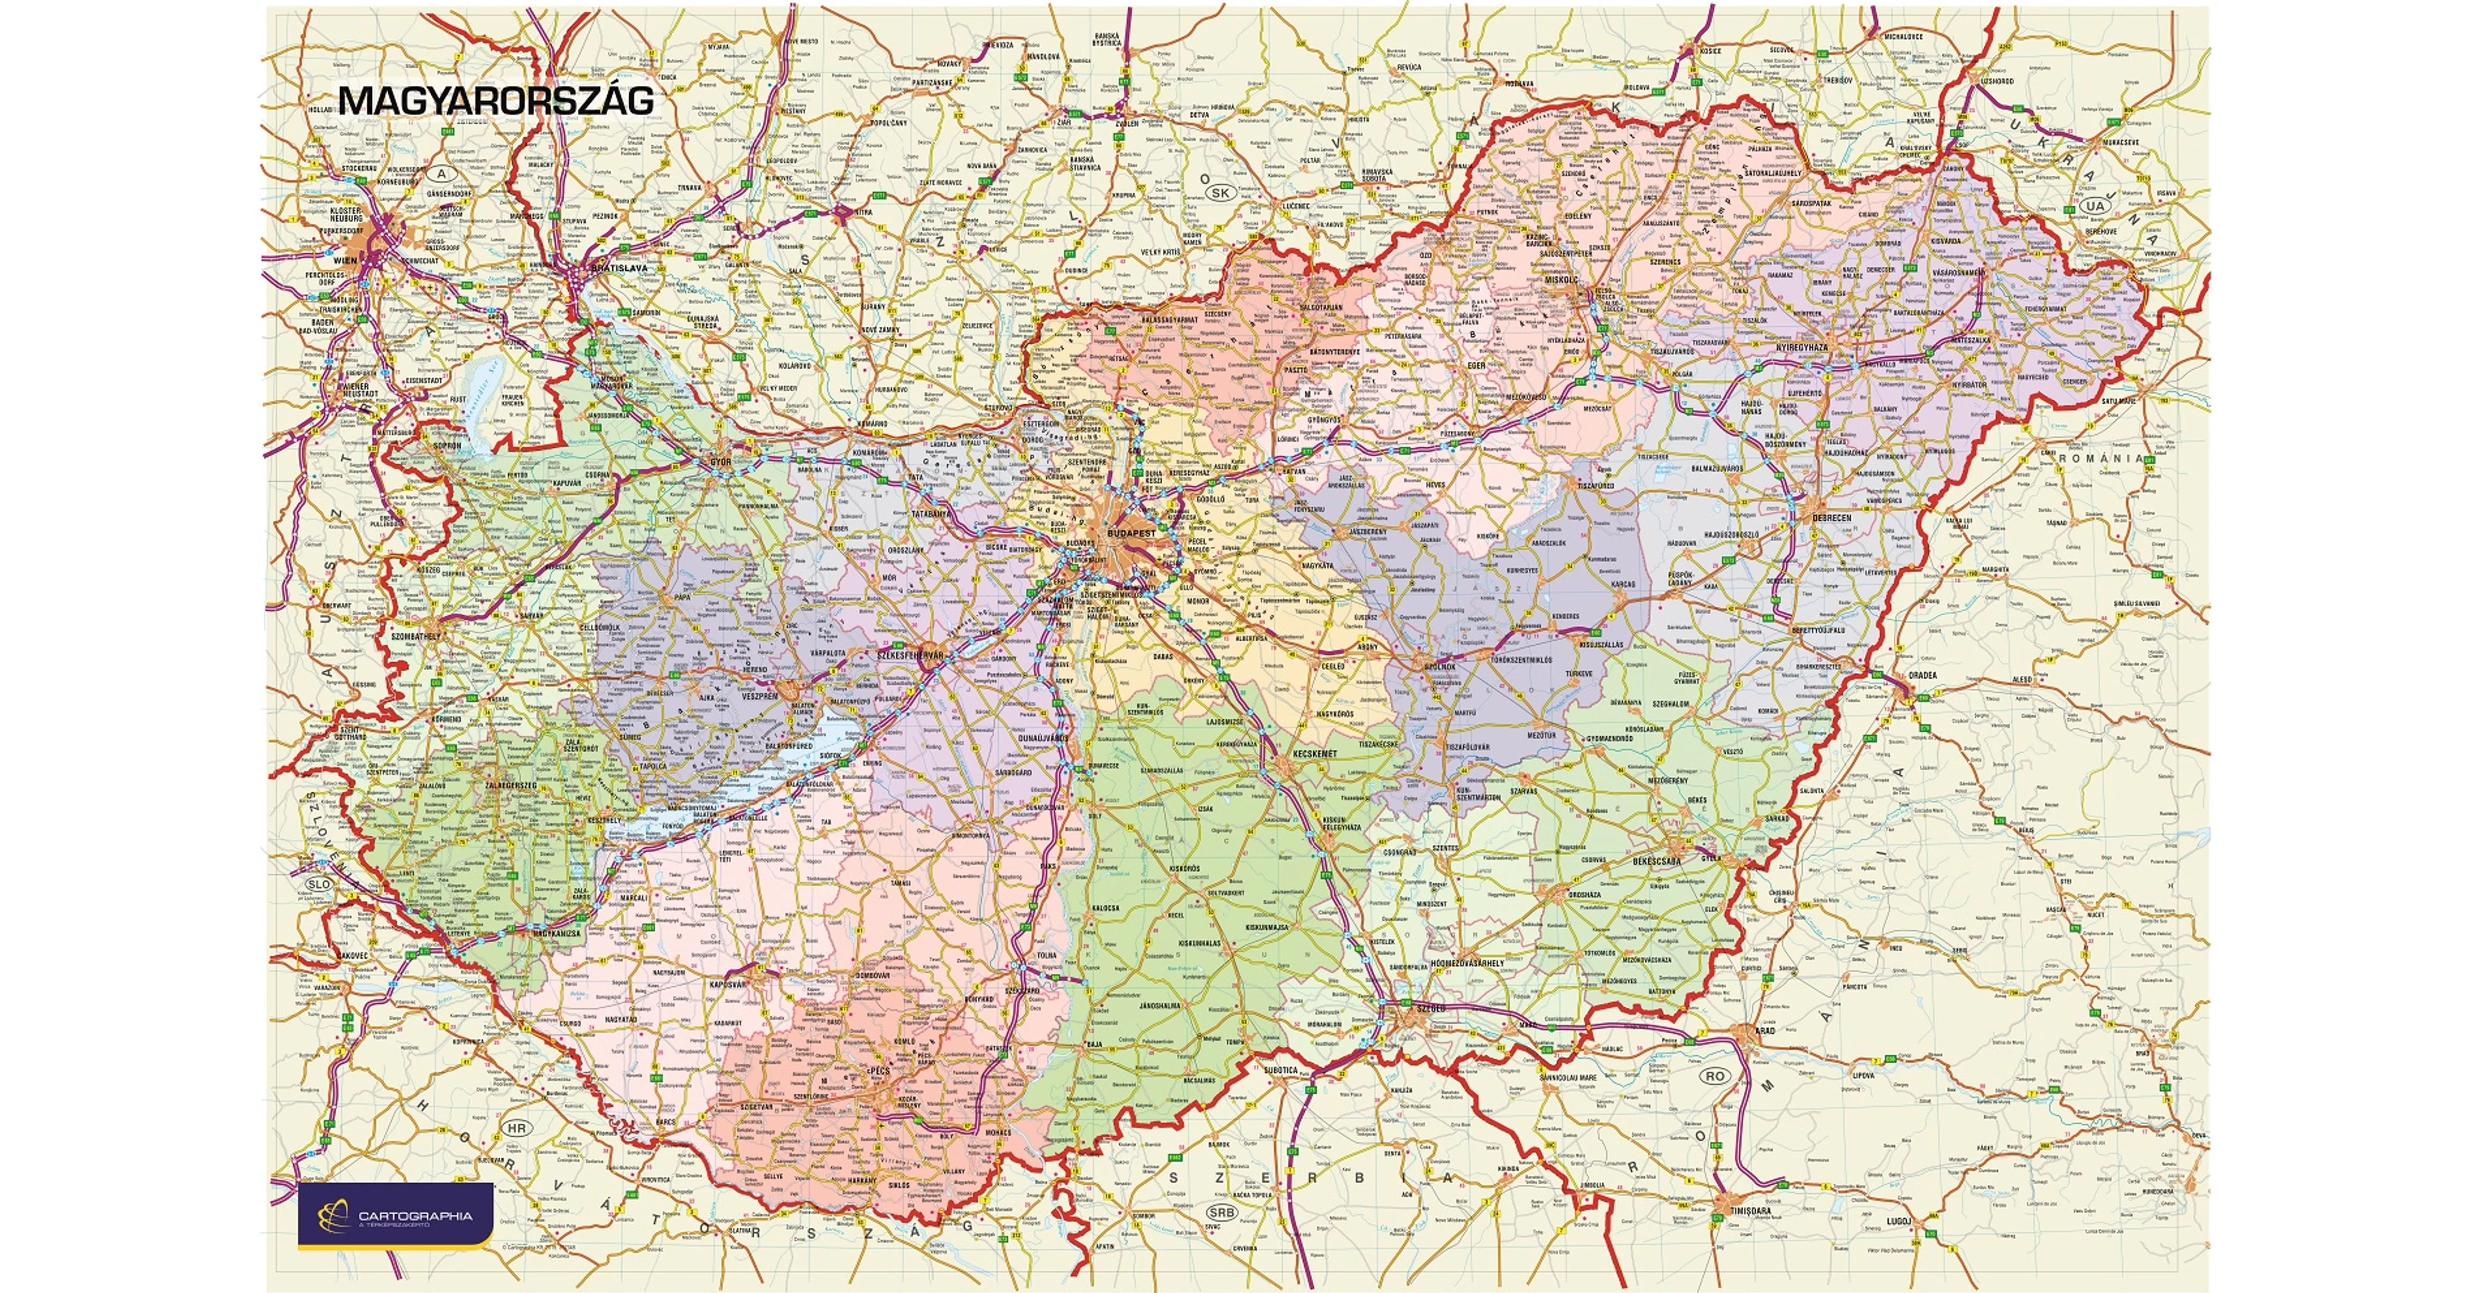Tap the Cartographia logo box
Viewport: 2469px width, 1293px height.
[x=396, y=1214]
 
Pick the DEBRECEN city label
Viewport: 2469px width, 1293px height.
[x=1831, y=518]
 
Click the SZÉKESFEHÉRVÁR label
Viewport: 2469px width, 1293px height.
[x=911, y=655]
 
